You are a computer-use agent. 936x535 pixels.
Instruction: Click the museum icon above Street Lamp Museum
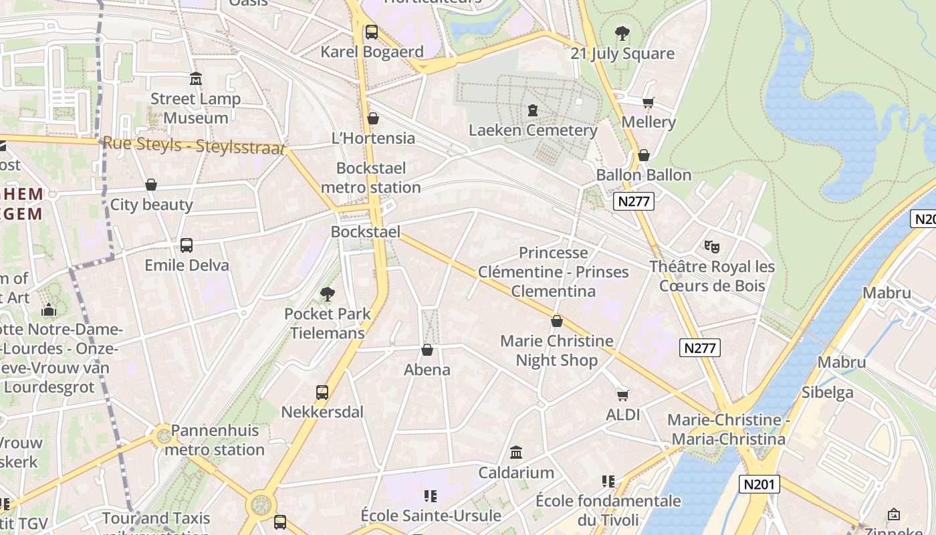click(196, 79)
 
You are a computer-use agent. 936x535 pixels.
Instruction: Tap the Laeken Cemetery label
click(533, 130)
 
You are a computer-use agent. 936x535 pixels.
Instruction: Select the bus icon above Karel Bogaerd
click(371, 31)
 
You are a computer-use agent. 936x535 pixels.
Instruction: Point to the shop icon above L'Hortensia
click(373, 118)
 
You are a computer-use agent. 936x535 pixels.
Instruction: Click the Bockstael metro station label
click(370, 178)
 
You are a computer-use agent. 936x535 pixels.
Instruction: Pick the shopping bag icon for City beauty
click(151, 185)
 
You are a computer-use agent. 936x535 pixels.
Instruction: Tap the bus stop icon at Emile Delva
click(187, 245)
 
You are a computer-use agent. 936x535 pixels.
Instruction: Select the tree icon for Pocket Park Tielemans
click(328, 294)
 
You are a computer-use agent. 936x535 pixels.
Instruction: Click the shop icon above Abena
click(427, 350)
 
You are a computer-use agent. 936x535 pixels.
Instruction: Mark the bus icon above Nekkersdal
click(322, 392)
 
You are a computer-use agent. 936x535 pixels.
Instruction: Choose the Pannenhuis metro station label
click(215, 440)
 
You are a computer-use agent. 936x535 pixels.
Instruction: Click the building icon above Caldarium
click(516, 453)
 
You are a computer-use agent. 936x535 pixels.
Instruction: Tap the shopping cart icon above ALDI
click(623, 395)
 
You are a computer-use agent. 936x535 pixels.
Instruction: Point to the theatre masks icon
click(712, 247)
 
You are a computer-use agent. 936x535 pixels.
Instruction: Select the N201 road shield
click(759, 484)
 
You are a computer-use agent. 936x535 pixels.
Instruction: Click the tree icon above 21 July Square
click(622, 33)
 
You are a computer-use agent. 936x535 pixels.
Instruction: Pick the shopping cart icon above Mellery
click(648, 102)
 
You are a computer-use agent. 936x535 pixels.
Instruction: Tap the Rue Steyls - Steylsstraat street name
click(194, 145)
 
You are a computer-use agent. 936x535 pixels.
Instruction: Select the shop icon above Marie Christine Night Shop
click(557, 321)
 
